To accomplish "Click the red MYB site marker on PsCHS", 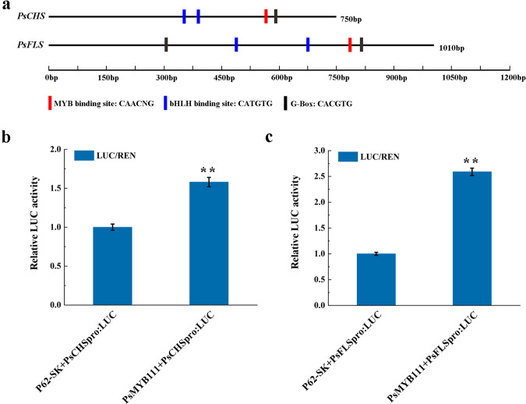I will tap(266, 16).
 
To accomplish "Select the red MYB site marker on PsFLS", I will tap(349, 45).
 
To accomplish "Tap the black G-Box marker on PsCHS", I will tap(276, 16).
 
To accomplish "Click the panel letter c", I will tap(270, 137).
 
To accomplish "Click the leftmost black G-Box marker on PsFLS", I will tap(166, 45).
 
